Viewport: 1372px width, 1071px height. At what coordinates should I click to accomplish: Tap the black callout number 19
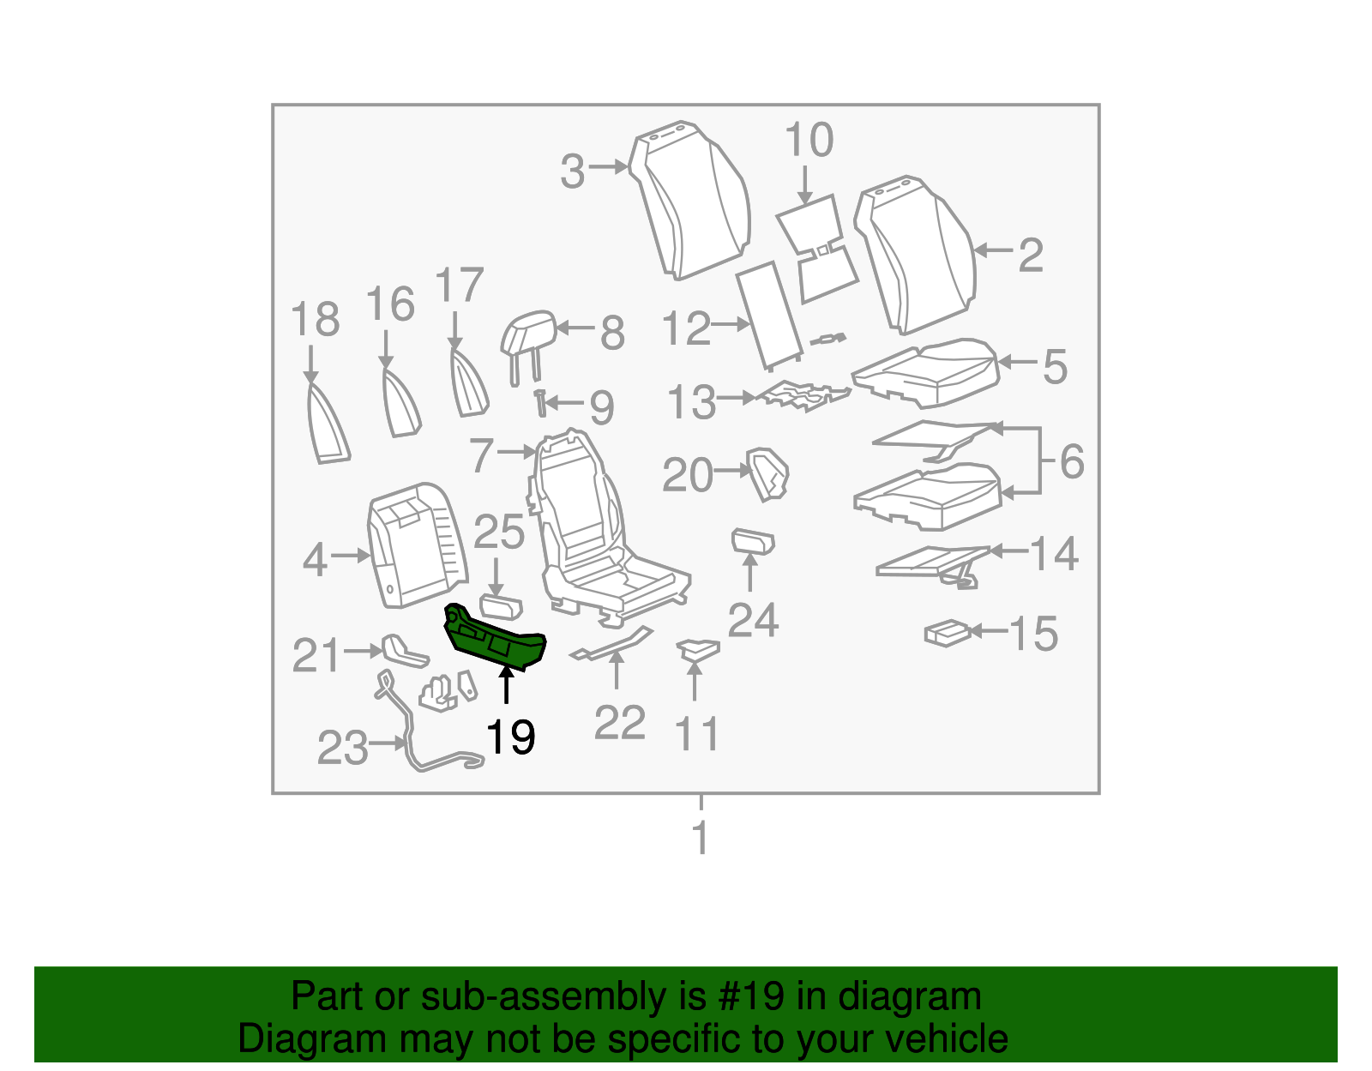[x=510, y=737]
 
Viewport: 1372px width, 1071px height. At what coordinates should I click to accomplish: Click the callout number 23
[x=342, y=748]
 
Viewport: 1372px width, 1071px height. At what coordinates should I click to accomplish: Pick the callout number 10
[x=808, y=140]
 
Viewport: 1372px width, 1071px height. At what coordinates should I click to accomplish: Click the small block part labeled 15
[x=947, y=633]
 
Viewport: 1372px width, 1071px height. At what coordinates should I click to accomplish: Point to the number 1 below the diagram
[x=701, y=838]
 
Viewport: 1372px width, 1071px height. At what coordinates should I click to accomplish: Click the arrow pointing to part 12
[x=731, y=324]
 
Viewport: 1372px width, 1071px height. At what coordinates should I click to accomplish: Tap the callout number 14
[x=1053, y=554]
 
